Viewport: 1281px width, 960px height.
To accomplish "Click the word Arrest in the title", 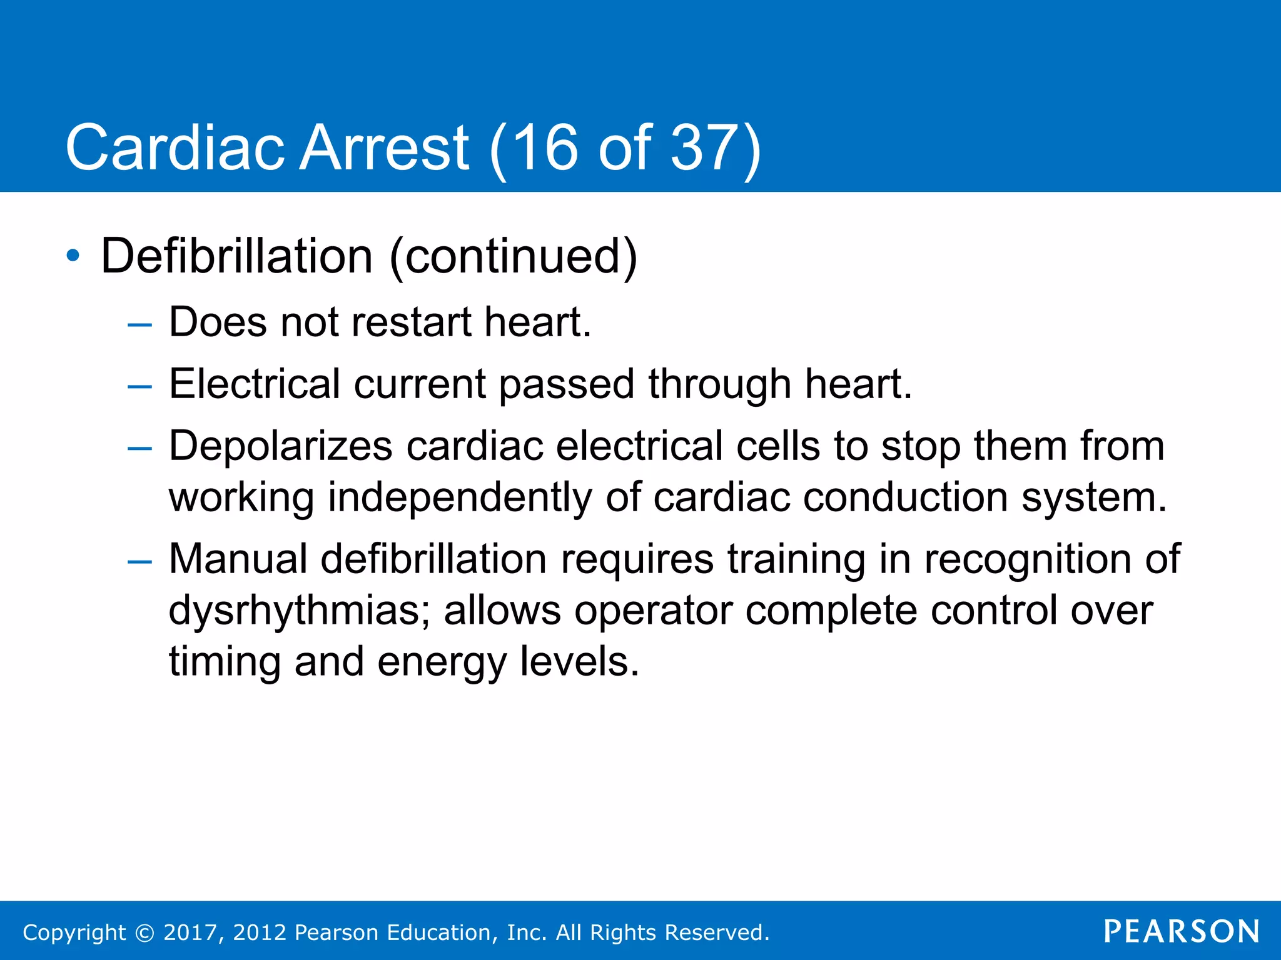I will [x=383, y=148].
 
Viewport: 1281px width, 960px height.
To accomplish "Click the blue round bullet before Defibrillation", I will [x=73, y=256].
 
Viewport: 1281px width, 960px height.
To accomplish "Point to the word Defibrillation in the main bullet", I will [x=237, y=256].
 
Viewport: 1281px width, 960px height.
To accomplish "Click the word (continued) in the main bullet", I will [x=513, y=256].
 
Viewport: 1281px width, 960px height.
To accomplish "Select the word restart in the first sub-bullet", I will [x=411, y=322].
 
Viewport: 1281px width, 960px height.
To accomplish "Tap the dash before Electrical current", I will [x=139, y=387].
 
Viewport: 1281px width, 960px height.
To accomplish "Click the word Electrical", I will [x=255, y=384].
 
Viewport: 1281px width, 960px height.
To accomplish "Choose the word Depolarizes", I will [x=280, y=446].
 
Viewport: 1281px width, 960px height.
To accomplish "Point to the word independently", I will [x=460, y=497].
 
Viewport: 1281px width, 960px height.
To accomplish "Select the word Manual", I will [x=238, y=559].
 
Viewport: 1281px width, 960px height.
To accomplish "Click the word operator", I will [x=653, y=611].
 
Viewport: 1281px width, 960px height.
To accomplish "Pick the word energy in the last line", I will [x=442, y=662].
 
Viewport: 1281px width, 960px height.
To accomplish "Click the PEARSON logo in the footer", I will [x=1181, y=931].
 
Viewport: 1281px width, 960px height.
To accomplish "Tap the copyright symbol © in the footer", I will [x=144, y=932].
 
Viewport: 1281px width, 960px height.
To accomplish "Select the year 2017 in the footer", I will [x=190, y=932].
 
